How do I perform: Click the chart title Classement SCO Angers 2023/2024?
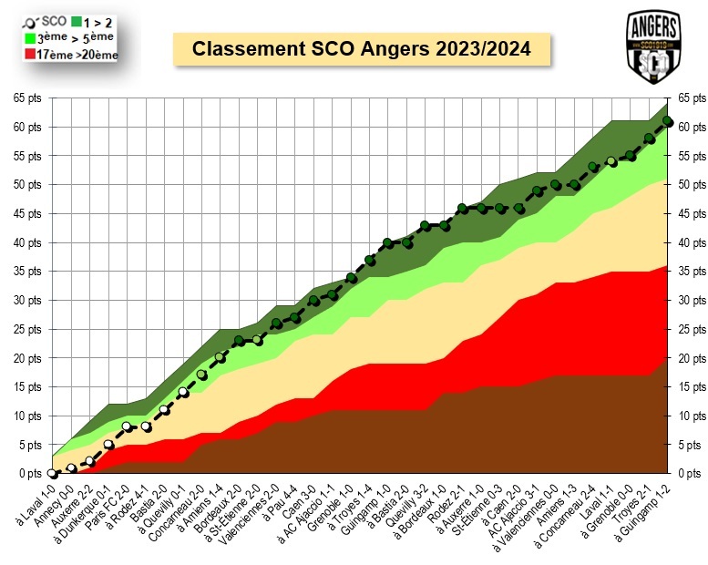point(362,48)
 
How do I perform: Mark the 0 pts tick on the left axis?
point(29,474)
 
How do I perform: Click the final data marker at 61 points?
point(668,120)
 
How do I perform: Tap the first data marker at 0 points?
point(53,474)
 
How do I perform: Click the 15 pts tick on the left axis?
point(27,386)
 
